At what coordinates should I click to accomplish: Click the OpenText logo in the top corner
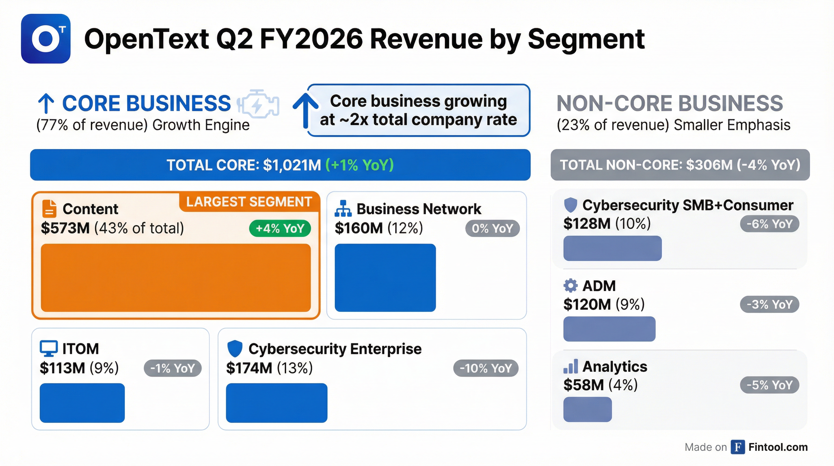[x=46, y=39]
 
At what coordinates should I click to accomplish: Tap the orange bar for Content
[x=176, y=278]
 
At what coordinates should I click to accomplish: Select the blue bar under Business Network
[x=385, y=278]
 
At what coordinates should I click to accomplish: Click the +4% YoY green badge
[x=280, y=228]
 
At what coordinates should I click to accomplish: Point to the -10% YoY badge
[x=485, y=368]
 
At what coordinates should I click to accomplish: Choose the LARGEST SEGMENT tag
[x=249, y=202]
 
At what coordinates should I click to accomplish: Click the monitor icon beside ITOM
[x=48, y=348]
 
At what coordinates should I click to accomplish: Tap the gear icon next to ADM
[x=570, y=285]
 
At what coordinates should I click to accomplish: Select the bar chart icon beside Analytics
[x=570, y=366]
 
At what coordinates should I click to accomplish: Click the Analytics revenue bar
[x=587, y=410]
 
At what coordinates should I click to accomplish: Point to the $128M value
[x=587, y=224]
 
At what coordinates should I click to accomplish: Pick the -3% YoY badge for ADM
[x=769, y=305]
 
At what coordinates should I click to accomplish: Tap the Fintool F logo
[x=738, y=447]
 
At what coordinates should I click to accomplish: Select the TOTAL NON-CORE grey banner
[x=680, y=165]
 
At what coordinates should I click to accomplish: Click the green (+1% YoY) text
[x=359, y=165]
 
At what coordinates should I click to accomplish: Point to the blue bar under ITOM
[x=82, y=403]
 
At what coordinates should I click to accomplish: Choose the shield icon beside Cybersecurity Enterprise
[x=235, y=349]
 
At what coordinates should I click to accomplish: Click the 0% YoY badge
[x=492, y=228]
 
